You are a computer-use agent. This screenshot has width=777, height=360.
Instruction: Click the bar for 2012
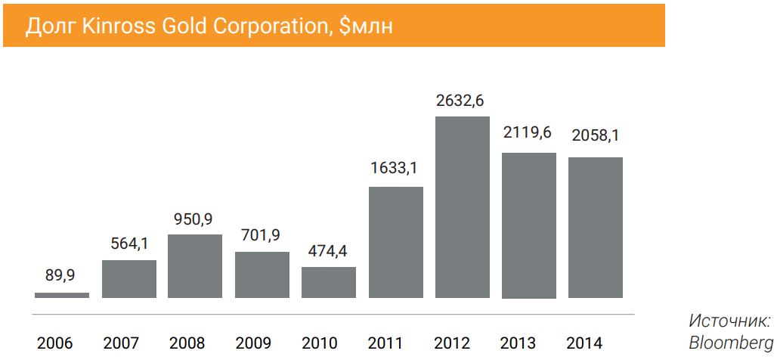462,207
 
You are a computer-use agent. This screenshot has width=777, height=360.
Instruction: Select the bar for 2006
62,295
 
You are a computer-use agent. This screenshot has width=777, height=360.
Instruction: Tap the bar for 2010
329,282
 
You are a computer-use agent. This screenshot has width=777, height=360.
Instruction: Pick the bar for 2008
195,266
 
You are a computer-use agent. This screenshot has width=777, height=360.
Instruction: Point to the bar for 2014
596,228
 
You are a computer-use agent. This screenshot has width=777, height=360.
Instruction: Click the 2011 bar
395,242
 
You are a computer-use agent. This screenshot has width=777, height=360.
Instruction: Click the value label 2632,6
460,101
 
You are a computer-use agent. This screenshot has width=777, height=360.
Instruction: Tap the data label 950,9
193,219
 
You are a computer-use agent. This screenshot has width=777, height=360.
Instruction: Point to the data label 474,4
327,252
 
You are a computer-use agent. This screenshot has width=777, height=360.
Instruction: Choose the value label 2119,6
526,133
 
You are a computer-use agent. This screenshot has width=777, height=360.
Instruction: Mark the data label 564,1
128,244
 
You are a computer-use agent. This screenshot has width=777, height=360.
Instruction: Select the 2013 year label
518,343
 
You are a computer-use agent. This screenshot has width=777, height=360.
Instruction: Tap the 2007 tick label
122,343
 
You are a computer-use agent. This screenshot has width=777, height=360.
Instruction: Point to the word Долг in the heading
46,26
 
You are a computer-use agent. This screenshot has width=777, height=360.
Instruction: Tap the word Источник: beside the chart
730,321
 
